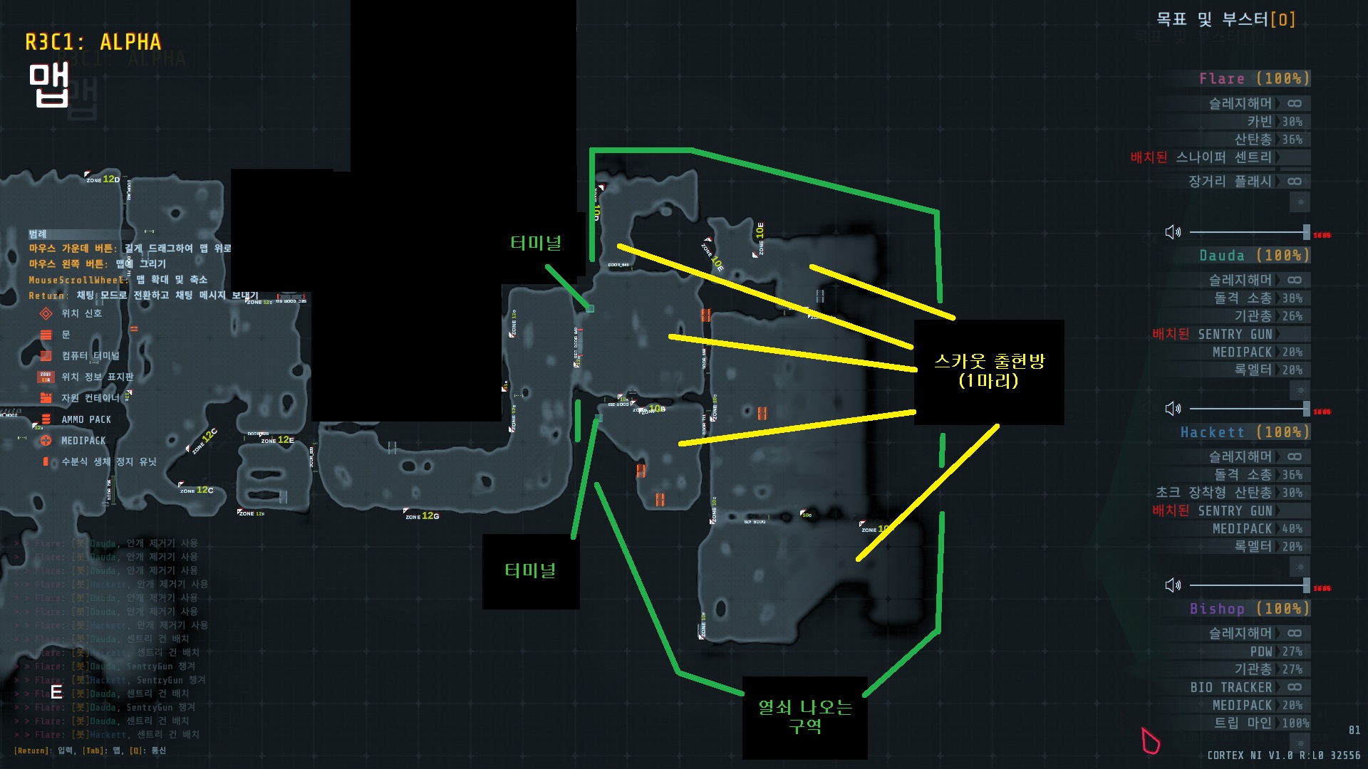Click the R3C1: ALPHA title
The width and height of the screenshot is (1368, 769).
pos(93,43)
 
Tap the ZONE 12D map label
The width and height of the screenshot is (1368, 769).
pos(103,179)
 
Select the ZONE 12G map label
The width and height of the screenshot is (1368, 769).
pos(423,516)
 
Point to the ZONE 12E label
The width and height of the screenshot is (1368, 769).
pos(278,440)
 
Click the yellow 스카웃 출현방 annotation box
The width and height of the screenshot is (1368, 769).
pos(989,372)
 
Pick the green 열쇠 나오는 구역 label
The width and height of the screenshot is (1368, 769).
pos(804,717)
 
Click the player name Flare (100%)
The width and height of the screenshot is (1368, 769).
pos(1254,78)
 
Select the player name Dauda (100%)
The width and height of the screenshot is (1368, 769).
pos(1254,255)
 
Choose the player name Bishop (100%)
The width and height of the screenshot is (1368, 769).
pos(1249,609)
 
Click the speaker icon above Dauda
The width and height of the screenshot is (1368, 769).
pos(1173,232)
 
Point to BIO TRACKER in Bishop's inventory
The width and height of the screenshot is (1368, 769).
pos(1230,687)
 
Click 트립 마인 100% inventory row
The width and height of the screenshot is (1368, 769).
pos(1261,723)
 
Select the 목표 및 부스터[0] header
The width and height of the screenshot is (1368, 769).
pos(1225,19)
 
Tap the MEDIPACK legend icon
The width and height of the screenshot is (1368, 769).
pos(46,441)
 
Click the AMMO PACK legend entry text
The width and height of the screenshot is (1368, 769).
pos(85,419)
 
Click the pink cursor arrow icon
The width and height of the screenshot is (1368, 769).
pos(1149,741)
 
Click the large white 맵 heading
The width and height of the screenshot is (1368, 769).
pos(48,85)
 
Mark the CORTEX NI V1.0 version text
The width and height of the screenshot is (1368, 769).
pos(1283,755)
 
